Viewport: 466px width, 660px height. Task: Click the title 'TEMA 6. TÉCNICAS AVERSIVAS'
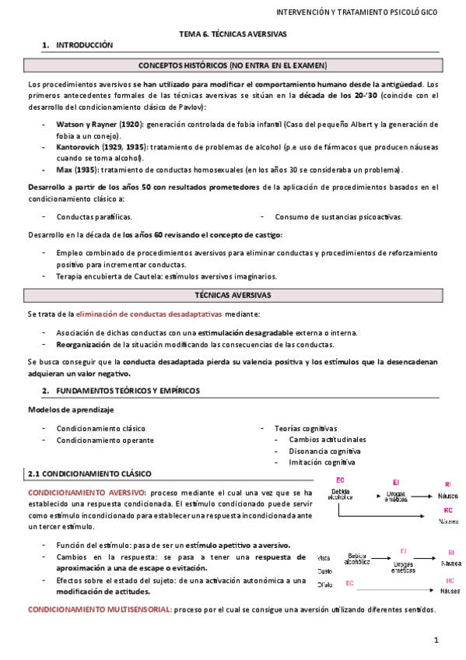click(233, 34)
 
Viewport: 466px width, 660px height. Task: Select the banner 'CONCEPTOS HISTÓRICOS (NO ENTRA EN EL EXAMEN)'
click(233, 65)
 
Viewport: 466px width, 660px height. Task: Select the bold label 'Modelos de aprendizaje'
click(71, 409)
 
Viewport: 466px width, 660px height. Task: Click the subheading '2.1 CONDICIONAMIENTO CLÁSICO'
click(89, 473)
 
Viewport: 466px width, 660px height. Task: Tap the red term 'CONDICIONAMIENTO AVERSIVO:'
click(86, 493)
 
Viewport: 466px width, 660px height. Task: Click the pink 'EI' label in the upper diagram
click(396, 483)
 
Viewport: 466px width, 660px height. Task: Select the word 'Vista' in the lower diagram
click(326, 557)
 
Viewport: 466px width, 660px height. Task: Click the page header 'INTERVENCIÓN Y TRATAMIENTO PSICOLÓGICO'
click(357, 12)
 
